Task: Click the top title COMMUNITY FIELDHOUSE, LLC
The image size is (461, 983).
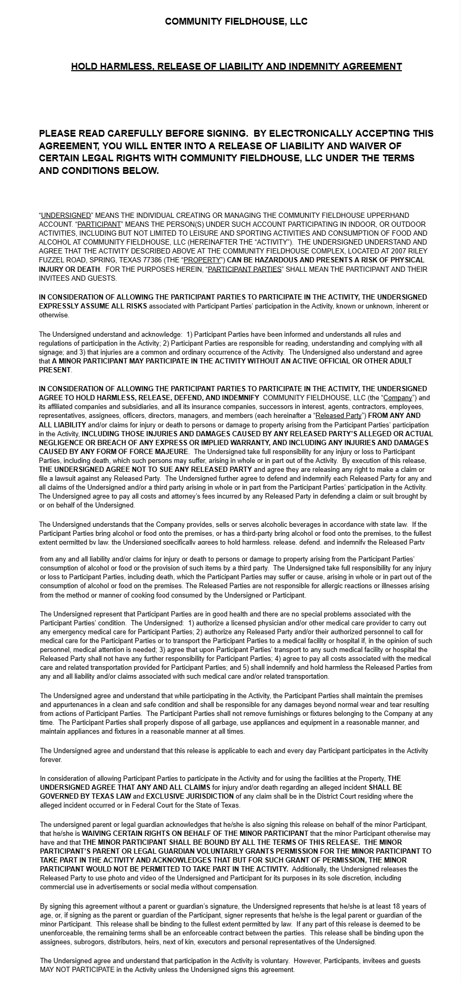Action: tap(236, 21)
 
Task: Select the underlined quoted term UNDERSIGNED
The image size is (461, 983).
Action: tap(66, 215)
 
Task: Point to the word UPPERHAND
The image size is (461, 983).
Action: tap(391, 215)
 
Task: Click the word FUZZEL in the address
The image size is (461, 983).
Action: tap(50, 260)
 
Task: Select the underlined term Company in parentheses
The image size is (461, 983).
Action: tap(398, 398)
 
